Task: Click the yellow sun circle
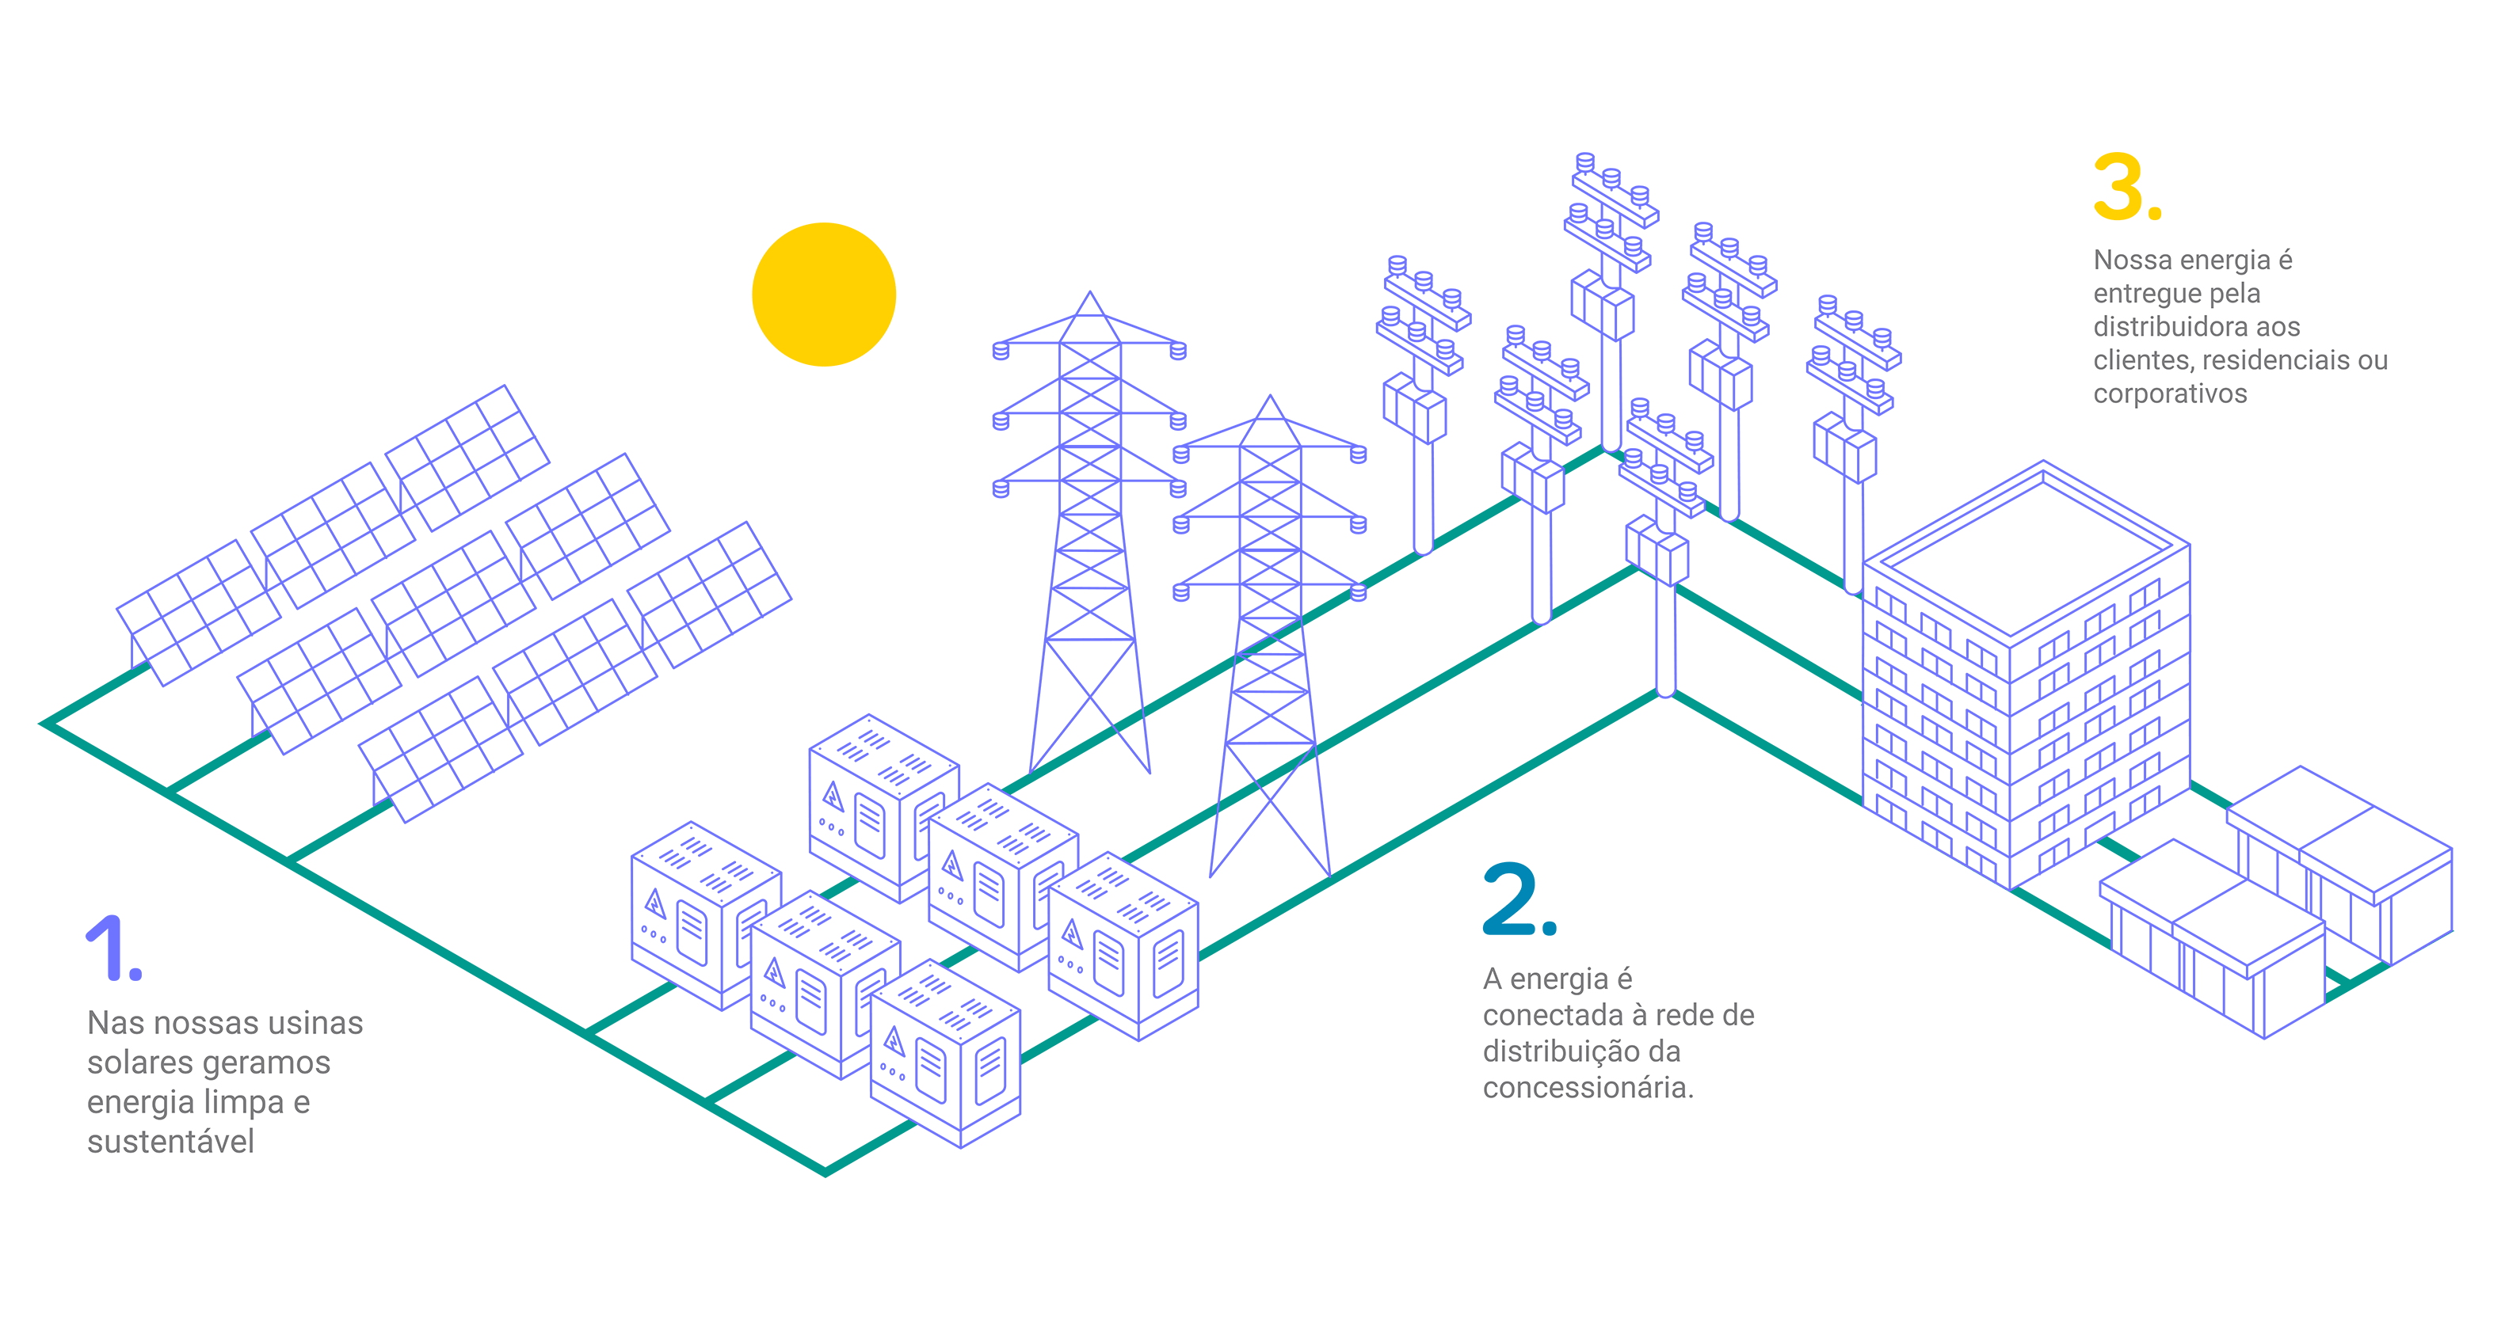point(824,295)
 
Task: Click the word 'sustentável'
point(170,1141)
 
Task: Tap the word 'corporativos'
point(2170,393)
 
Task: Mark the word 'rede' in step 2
point(1686,1016)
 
